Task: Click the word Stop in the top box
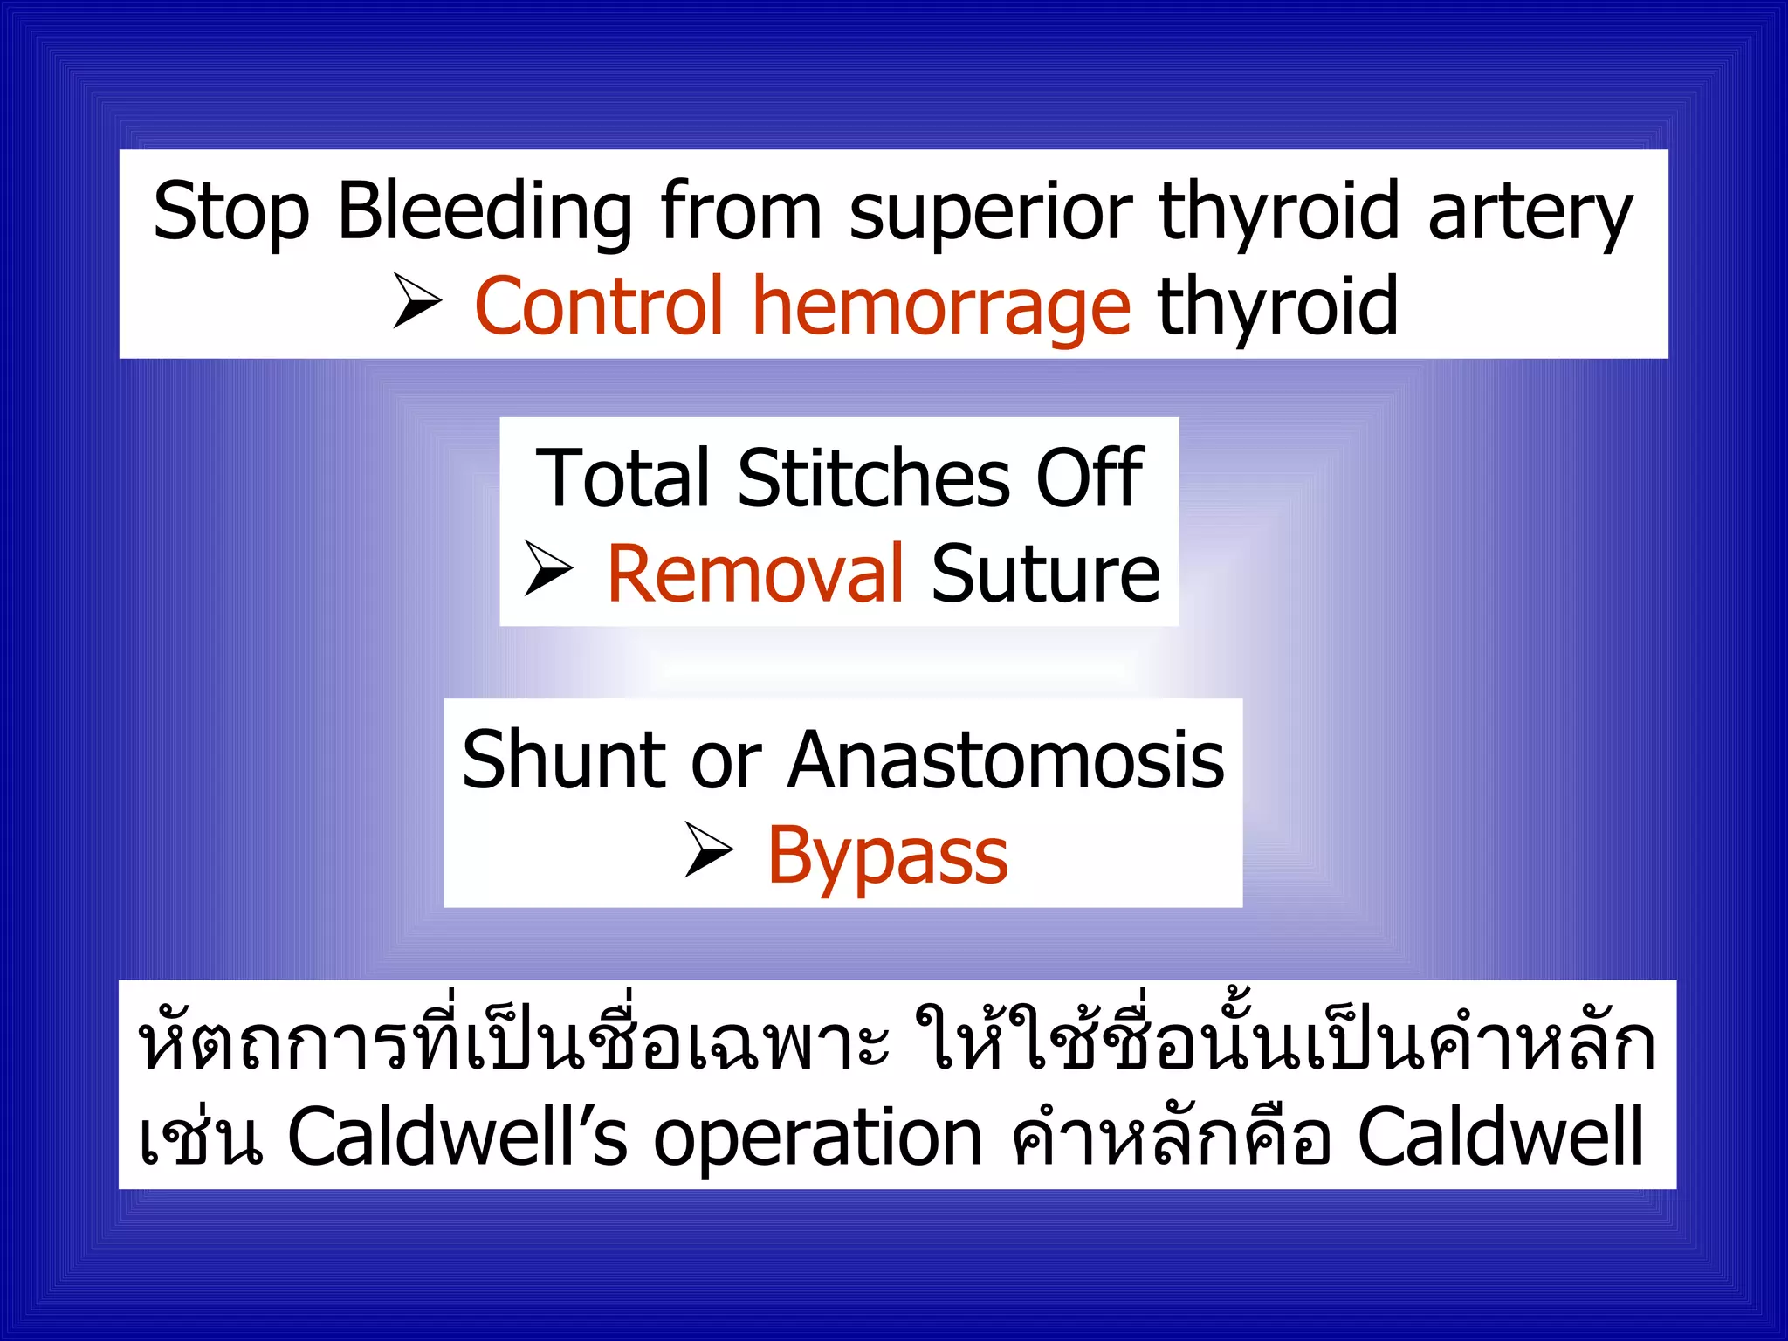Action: [231, 212]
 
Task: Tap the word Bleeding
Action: [485, 212]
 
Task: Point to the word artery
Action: [1530, 212]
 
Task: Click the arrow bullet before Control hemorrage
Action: [417, 300]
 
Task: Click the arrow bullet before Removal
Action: [548, 568]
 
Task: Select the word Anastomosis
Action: [1007, 760]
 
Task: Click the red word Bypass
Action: [887, 856]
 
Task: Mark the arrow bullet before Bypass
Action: [709, 849]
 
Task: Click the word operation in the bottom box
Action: [818, 1138]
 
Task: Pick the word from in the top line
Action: [741, 212]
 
